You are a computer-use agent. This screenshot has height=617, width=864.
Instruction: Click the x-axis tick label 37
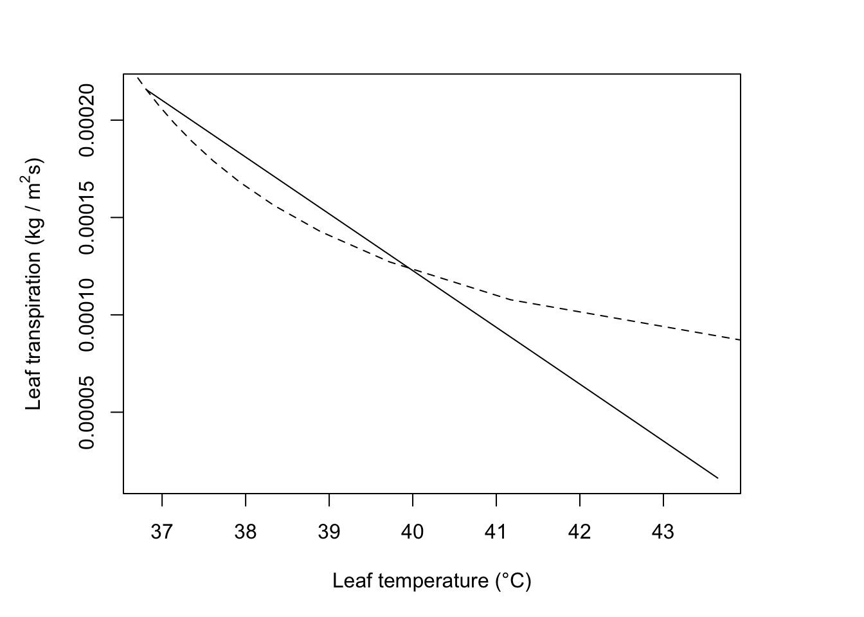(x=162, y=533)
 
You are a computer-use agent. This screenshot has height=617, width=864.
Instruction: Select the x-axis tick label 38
(x=246, y=533)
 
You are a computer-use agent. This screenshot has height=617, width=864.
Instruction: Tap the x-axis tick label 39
(x=329, y=533)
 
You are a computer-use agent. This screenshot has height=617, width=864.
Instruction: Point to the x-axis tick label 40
(x=413, y=533)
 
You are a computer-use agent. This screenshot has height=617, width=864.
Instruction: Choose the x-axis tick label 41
(x=496, y=533)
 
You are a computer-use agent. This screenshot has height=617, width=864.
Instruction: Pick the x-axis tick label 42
(x=580, y=533)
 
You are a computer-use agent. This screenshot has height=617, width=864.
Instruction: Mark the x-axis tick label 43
(x=663, y=533)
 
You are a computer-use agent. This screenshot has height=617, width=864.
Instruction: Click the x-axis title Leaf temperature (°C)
(x=431, y=581)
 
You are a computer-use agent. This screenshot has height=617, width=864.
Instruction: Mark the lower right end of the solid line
(x=717, y=478)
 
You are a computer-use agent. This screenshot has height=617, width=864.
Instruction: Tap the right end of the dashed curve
(x=740, y=339)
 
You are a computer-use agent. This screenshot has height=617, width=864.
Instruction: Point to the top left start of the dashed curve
(x=138, y=78)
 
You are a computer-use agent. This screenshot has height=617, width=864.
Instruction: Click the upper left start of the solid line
(x=147, y=90)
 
